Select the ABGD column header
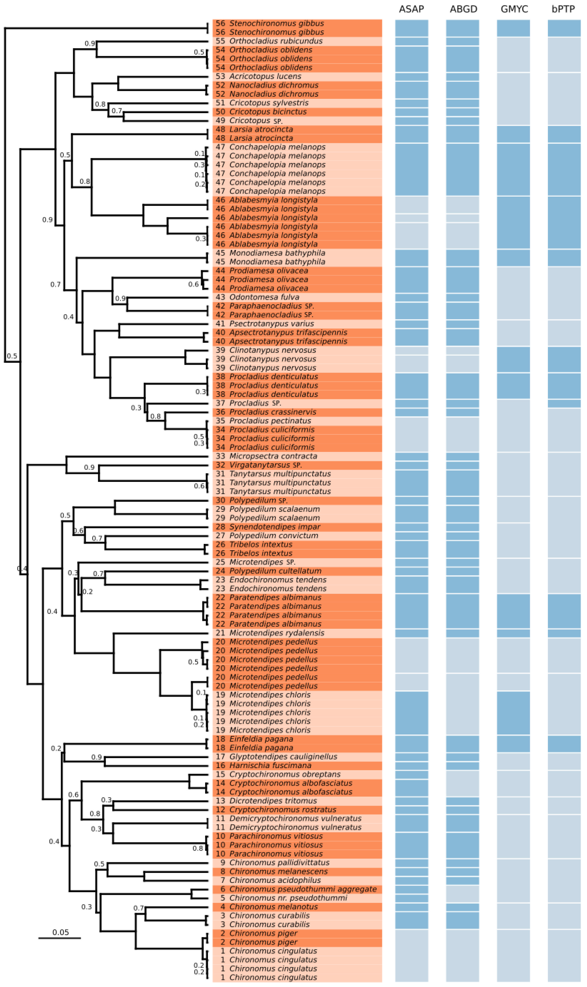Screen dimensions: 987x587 pyautogui.click(x=463, y=9)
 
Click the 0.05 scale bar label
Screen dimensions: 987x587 pyautogui.click(x=61, y=932)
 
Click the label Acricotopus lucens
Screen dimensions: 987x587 pyautogui.click(x=265, y=76)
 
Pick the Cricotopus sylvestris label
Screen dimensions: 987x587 pyautogui.click(x=268, y=103)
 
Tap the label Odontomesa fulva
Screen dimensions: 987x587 pyautogui.click(x=264, y=297)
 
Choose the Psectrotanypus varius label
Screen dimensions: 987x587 pyautogui.click(x=271, y=324)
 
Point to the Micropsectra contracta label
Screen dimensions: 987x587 pyautogui.click(x=273, y=456)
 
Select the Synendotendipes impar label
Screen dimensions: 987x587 pyautogui.click(x=275, y=527)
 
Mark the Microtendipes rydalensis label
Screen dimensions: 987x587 pyautogui.click(x=276, y=633)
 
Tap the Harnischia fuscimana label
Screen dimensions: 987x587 pyautogui.click(x=270, y=765)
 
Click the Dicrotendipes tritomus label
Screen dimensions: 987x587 pyautogui.click(x=273, y=801)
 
